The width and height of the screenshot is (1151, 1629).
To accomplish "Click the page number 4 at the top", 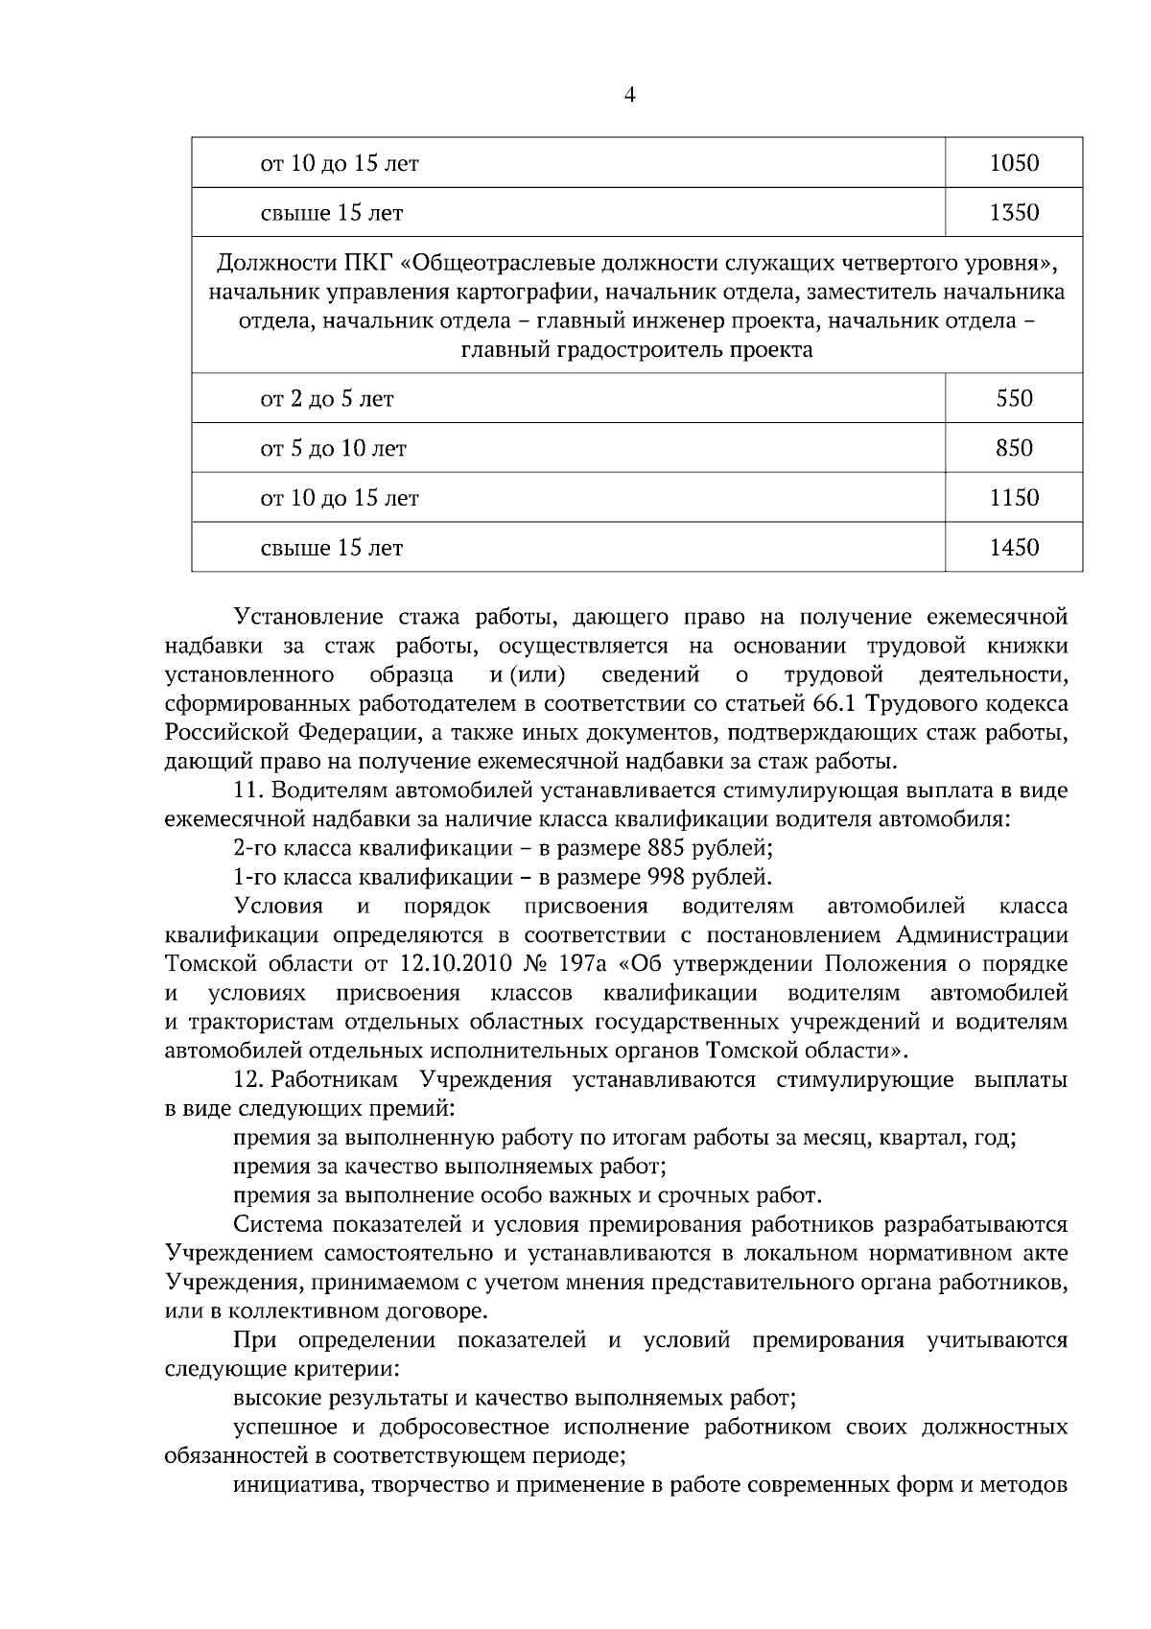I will click(x=630, y=94).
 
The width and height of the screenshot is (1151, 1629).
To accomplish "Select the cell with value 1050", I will click(x=1014, y=163).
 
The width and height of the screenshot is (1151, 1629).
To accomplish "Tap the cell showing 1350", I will click(x=1014, y=212).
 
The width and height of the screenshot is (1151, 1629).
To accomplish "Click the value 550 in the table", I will click(x=1014, y=398).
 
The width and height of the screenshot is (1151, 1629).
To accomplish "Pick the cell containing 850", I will click(x=1014, y=448).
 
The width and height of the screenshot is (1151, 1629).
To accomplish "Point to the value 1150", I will click(x=1014, y=498).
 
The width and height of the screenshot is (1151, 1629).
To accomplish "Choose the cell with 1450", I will click(x=1014, y=548).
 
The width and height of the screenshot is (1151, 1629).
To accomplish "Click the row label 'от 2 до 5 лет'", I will click(x=327, y=398).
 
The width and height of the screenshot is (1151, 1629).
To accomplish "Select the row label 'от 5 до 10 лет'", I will click(x=334, y=448).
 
